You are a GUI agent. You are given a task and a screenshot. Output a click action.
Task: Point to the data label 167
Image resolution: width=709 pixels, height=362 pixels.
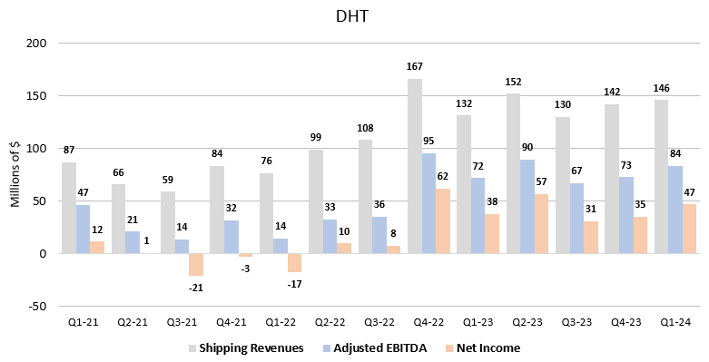(415, 66)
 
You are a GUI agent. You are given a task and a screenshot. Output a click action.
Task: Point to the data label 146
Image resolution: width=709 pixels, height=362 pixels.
(662, 88)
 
